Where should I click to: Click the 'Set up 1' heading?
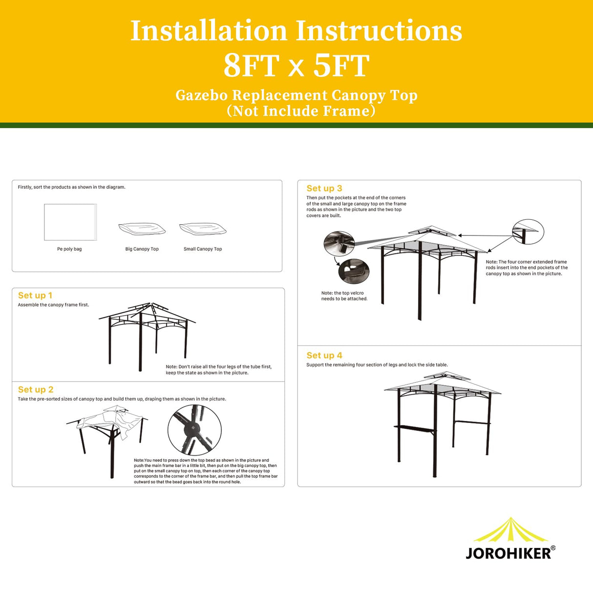click(x=35, y=296)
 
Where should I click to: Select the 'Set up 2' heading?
click(x=36, y=390)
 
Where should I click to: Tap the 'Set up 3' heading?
click(x=324, y=189)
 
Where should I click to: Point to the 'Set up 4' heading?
click(x=324, y=356)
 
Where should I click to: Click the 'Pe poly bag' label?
click(x=69, y=249)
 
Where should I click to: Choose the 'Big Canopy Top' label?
click(x=142, y=249)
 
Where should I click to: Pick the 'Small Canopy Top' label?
click(x=203, y=249)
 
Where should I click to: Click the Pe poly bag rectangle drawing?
click(x=70, y=222)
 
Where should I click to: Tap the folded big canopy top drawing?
click(x=142, y=229)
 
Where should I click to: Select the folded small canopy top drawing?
click(x=203, y=229)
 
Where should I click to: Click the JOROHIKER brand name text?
click(x=508, y=553)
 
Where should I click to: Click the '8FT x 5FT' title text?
click(x=296, y=66)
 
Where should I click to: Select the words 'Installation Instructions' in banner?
click(x=296, y=31)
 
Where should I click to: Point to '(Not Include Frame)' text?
click(x=301, y=111)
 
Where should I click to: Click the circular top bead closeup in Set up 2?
click(x=194, y=430)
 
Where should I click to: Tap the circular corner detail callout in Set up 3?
click(x=528, y=232)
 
